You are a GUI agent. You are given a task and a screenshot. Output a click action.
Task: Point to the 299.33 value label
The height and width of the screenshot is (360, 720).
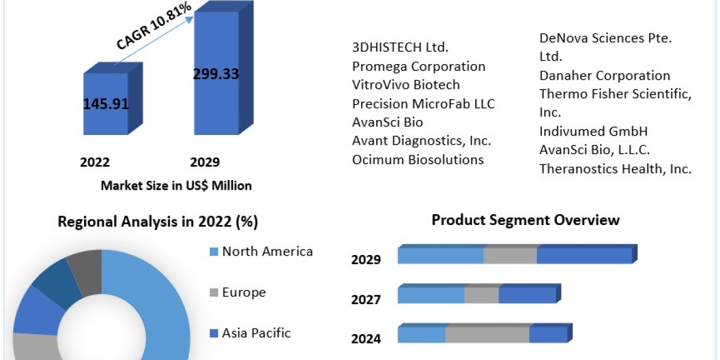[216, 74]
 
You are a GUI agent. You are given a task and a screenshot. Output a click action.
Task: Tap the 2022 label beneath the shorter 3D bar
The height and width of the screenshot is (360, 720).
[95, 163]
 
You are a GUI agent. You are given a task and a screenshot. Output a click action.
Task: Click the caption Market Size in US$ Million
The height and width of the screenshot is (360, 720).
[176, 186]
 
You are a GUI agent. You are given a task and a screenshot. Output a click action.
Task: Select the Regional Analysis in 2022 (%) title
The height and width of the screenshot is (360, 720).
[157, 222]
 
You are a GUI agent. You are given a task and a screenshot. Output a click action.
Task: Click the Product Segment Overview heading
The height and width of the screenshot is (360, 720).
[525, 220]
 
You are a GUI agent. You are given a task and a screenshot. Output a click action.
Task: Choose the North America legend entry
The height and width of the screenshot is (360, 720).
[267, 251]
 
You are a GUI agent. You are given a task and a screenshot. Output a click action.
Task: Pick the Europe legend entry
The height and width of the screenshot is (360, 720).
[244, 292]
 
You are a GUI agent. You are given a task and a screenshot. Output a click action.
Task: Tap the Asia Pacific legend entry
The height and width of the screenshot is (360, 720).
[256, 333]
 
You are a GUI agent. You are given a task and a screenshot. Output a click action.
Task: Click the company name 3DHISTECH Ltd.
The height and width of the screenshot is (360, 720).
[401, 47]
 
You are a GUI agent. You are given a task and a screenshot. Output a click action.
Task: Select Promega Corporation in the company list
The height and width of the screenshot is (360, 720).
[419, 66]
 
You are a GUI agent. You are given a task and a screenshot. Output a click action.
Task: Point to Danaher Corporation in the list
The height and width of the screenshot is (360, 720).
[604, 76]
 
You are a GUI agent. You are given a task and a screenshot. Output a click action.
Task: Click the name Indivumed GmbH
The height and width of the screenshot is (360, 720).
[593, 131]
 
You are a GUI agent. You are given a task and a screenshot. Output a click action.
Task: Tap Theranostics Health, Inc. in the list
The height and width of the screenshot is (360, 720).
[615, 169]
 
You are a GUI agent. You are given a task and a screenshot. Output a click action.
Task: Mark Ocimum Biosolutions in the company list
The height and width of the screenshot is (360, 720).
[418, 160]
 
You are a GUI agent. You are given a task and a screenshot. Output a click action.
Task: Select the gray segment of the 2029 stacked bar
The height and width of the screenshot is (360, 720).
[510, 256]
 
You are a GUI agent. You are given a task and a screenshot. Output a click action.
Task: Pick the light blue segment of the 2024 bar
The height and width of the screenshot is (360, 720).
[421, 335]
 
